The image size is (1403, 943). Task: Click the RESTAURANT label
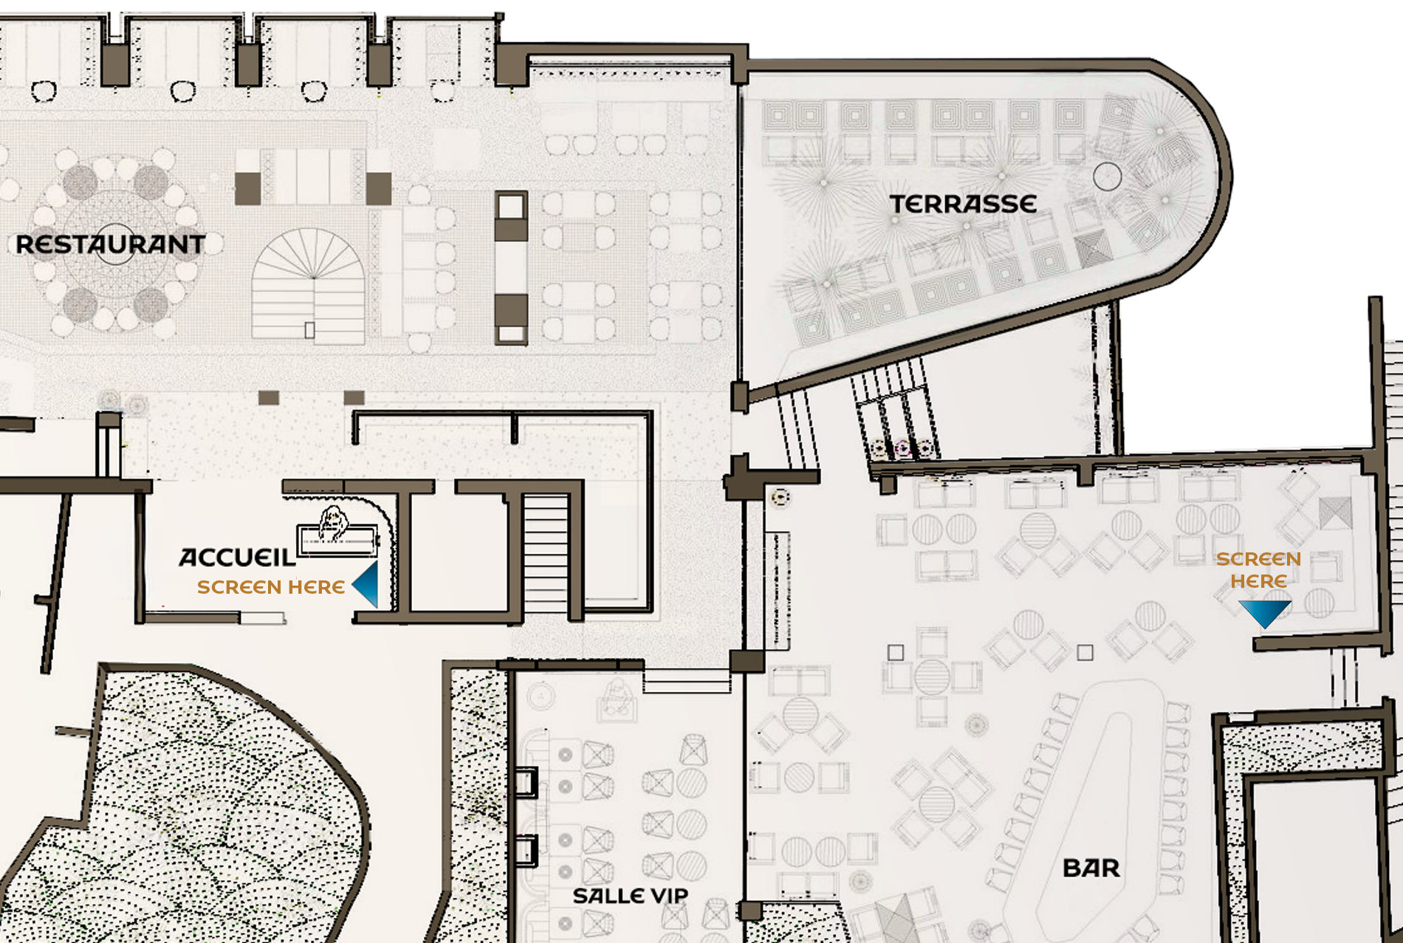point(111,244)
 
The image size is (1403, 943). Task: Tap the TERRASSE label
point(963,205)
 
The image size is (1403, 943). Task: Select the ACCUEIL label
point(237,558)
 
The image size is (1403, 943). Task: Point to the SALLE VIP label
point(631,896)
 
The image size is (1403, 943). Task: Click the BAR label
point(1091,868)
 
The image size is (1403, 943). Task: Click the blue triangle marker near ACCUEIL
point(367,584)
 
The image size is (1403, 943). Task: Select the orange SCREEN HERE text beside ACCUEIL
point(271,587)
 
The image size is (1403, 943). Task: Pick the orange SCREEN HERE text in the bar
point(1259,570)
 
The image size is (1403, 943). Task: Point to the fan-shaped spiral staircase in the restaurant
point(309,287)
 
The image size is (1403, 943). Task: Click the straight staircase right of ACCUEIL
point(546,554)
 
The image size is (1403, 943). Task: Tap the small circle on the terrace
point(1107,176)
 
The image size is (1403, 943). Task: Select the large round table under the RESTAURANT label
point(114,244)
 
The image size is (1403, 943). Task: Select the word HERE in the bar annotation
point(1259,581)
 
